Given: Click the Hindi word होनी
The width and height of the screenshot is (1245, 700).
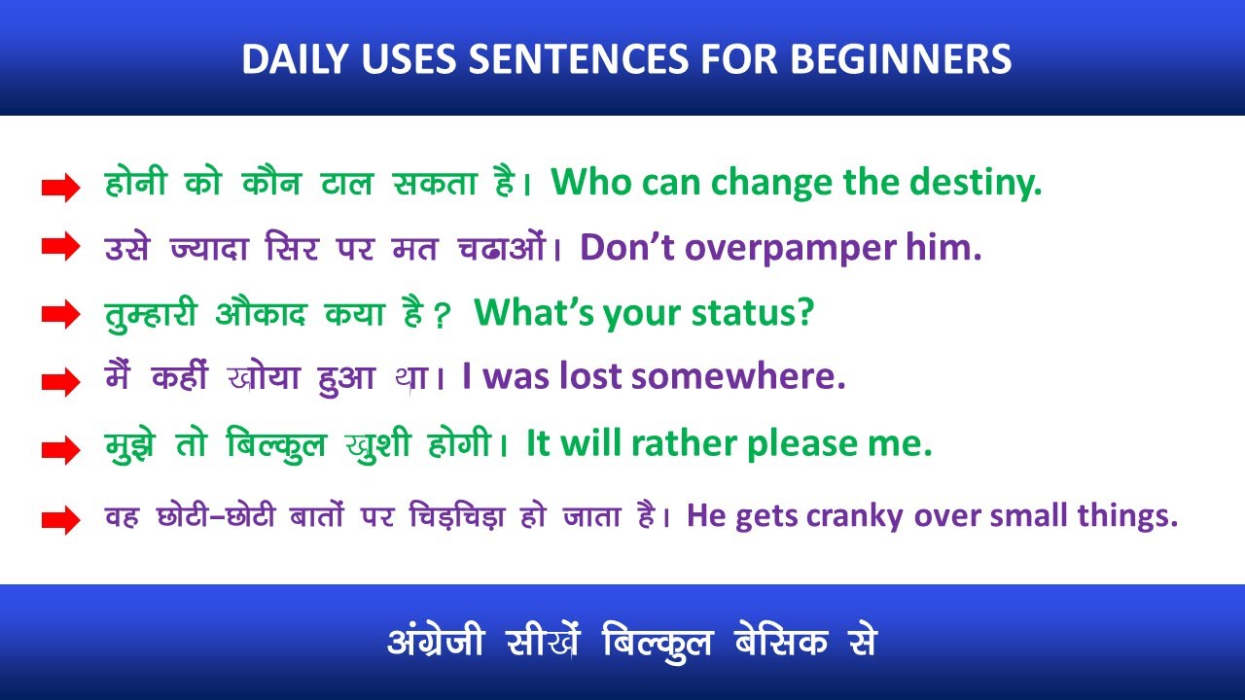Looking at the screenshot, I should (134, 183).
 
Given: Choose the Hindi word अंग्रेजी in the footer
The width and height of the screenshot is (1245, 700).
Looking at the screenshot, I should (435, 641).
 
